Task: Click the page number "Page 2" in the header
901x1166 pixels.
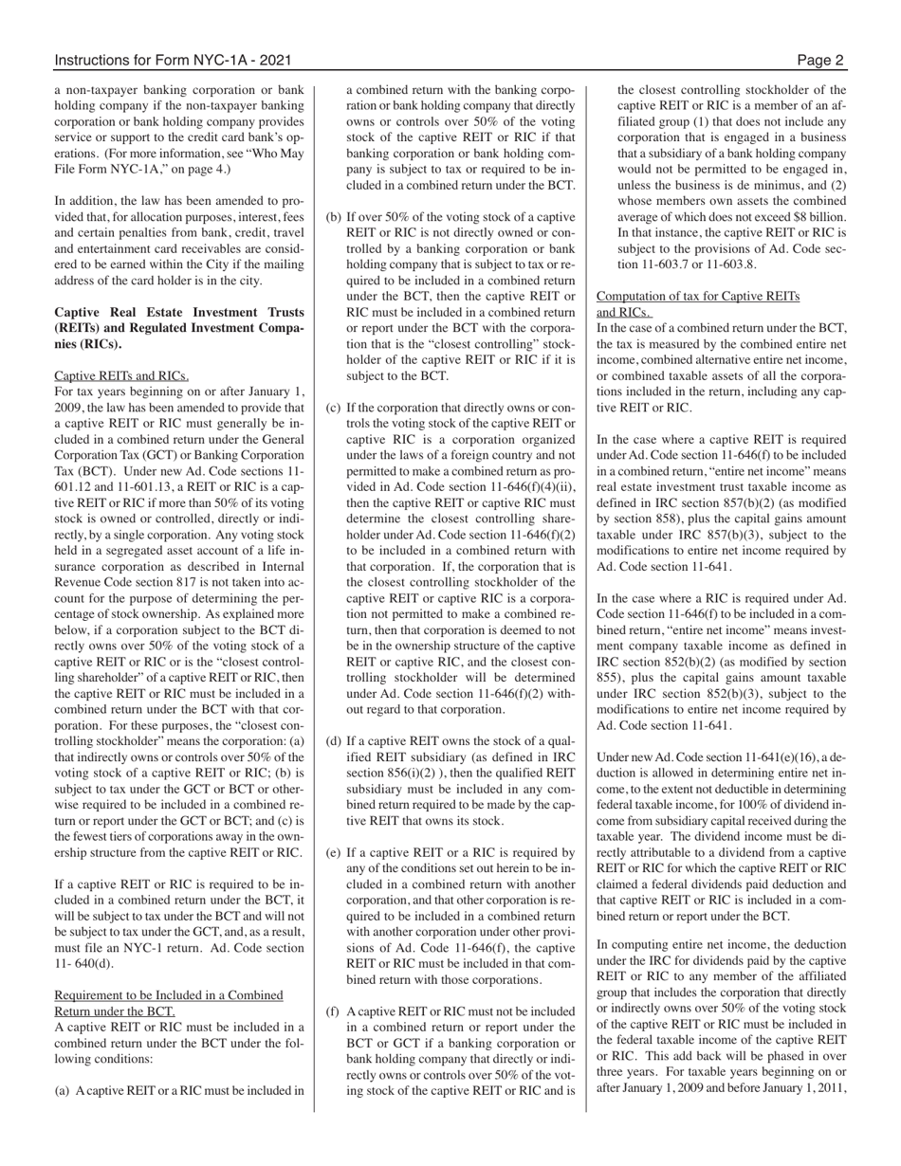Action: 820,61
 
